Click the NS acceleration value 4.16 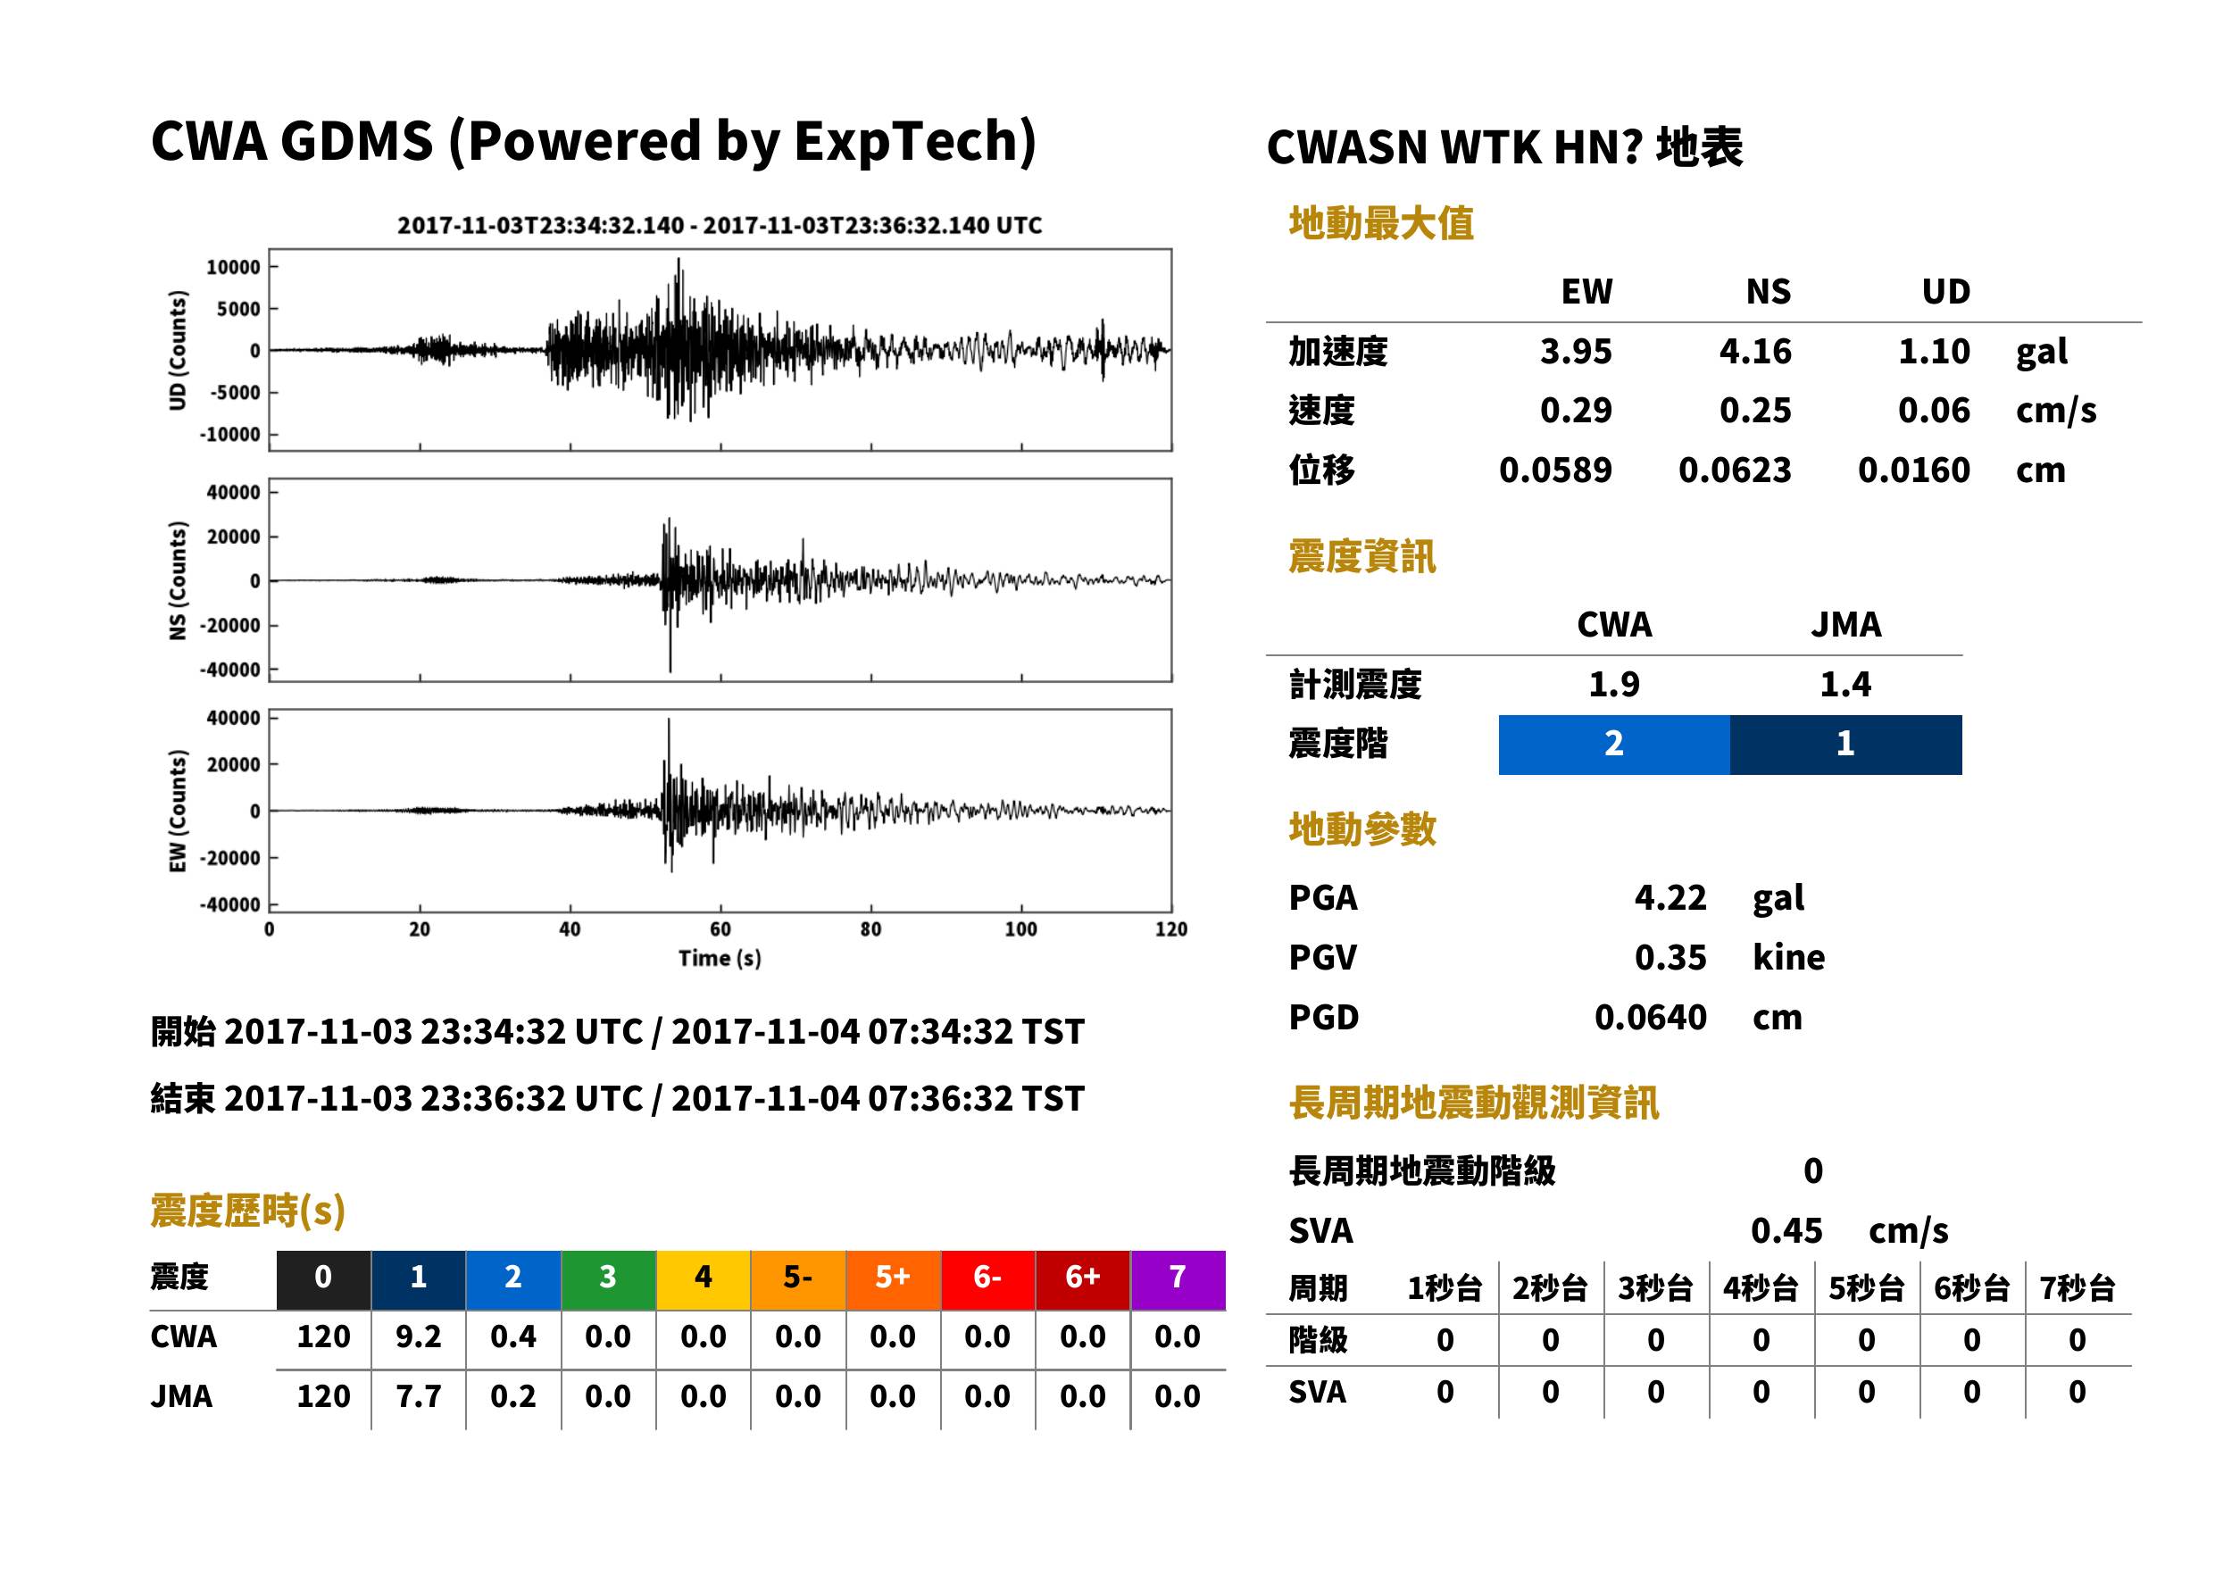point(1754,351)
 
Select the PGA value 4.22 point(1670,897)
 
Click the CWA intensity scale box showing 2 point(1614,745)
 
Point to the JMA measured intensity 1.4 point(1844,684)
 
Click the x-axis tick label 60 point(720,928)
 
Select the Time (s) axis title point(720,958)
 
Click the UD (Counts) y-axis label point(178,350)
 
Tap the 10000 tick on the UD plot point(233,267)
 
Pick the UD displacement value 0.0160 point(1913,470)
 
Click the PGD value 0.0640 point(1650,1017)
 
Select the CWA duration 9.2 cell point(418,1336)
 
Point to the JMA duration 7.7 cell point(418,1396)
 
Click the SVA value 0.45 point(1786,1230)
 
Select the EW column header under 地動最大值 point(1586,291)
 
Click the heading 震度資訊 point(1361,556)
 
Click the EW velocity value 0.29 point(1575,410)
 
